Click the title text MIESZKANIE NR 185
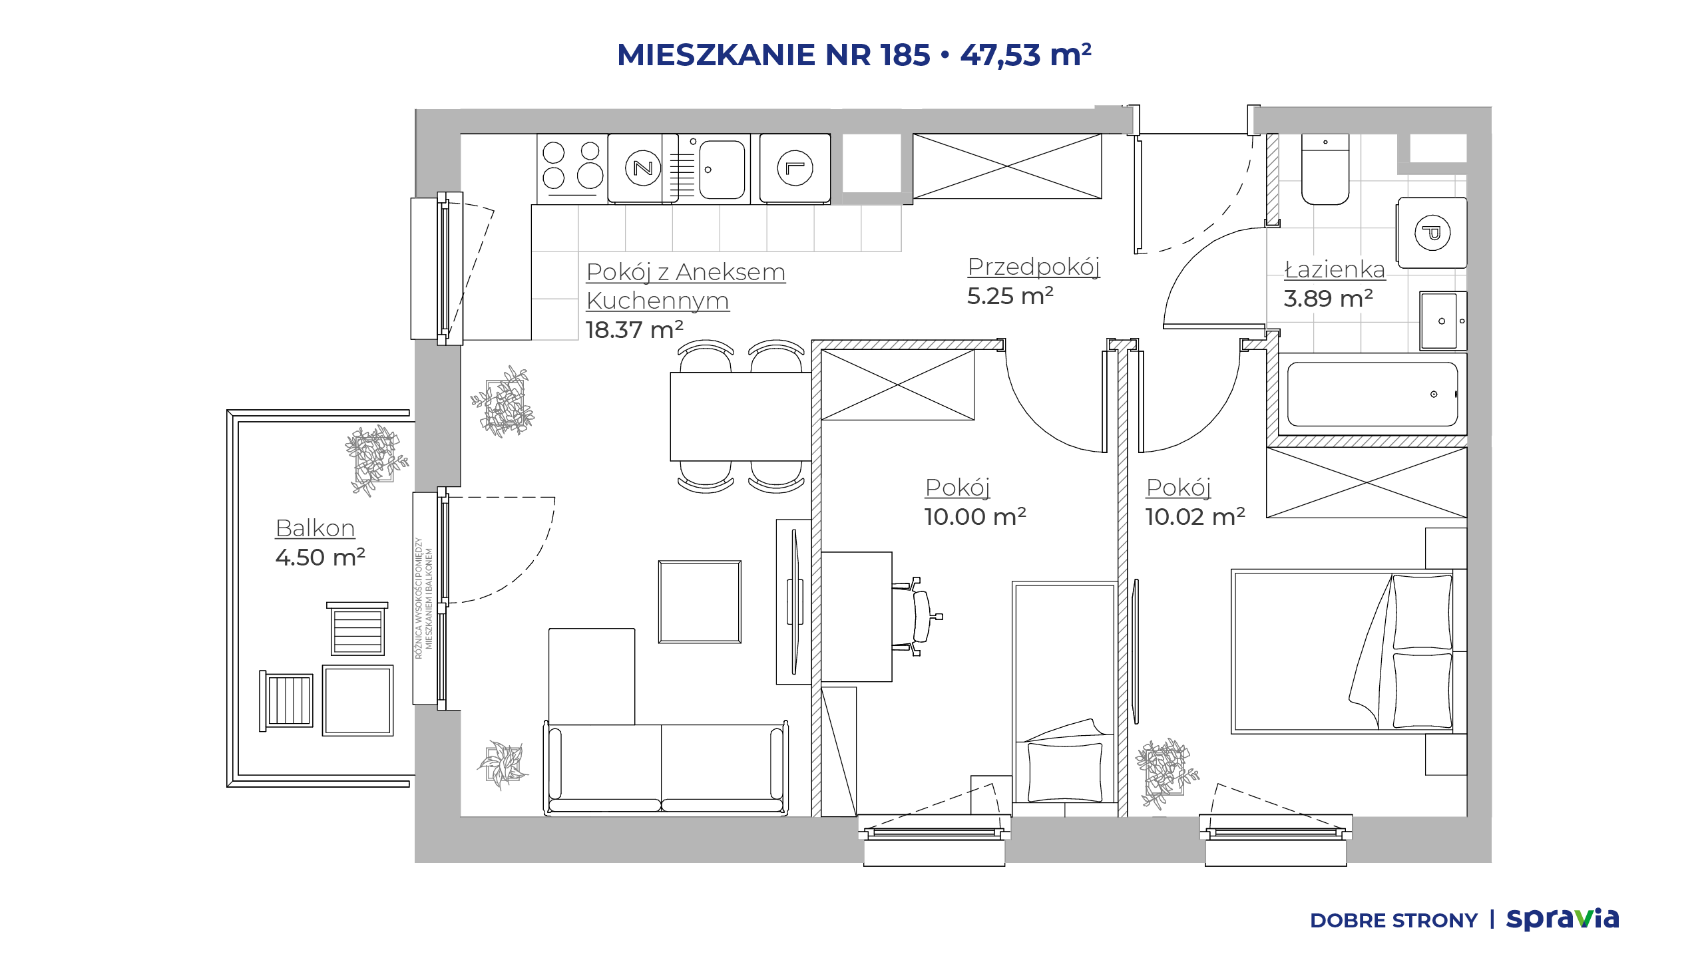tap(773, 55)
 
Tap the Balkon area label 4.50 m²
tap(320, 557)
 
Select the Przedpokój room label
tap(1034, 267)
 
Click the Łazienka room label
tap(1335, 269)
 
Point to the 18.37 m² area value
tap(634, 329)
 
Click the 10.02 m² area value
tap(1195, 516)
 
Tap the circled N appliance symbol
tap(643, 168)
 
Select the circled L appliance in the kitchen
tap(795, 168)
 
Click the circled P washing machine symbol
tap(1432, 233)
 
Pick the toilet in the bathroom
tap(1325, 169)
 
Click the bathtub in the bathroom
tap(1373, 394)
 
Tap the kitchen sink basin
tap(722, 169)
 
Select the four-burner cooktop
tap(572, 168)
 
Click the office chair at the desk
tap(919, 617)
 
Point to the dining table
tap(741, 416)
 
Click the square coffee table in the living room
tap(700, 601)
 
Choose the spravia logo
tap(1562, 919)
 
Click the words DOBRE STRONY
tap(1393, 921)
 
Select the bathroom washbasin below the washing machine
tap(1443, 321)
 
